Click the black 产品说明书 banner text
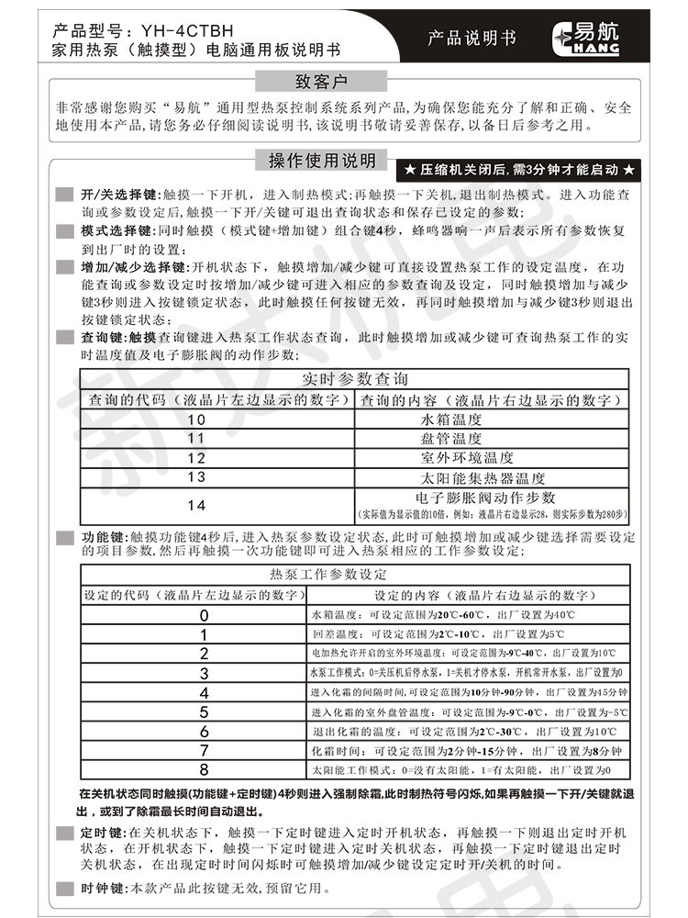click(472, 38)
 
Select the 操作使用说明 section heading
click(321, 162)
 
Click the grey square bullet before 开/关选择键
click(63, 195)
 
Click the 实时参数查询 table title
click(355, 379)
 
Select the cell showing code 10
click(196, 420)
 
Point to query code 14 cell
click(196, 505)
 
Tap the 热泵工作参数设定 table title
click(327, 575)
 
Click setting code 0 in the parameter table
click(204, 615)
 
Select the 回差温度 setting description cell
click(470, 634)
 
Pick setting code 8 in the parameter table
click(204, 769)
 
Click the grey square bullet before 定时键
click(63, 832)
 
